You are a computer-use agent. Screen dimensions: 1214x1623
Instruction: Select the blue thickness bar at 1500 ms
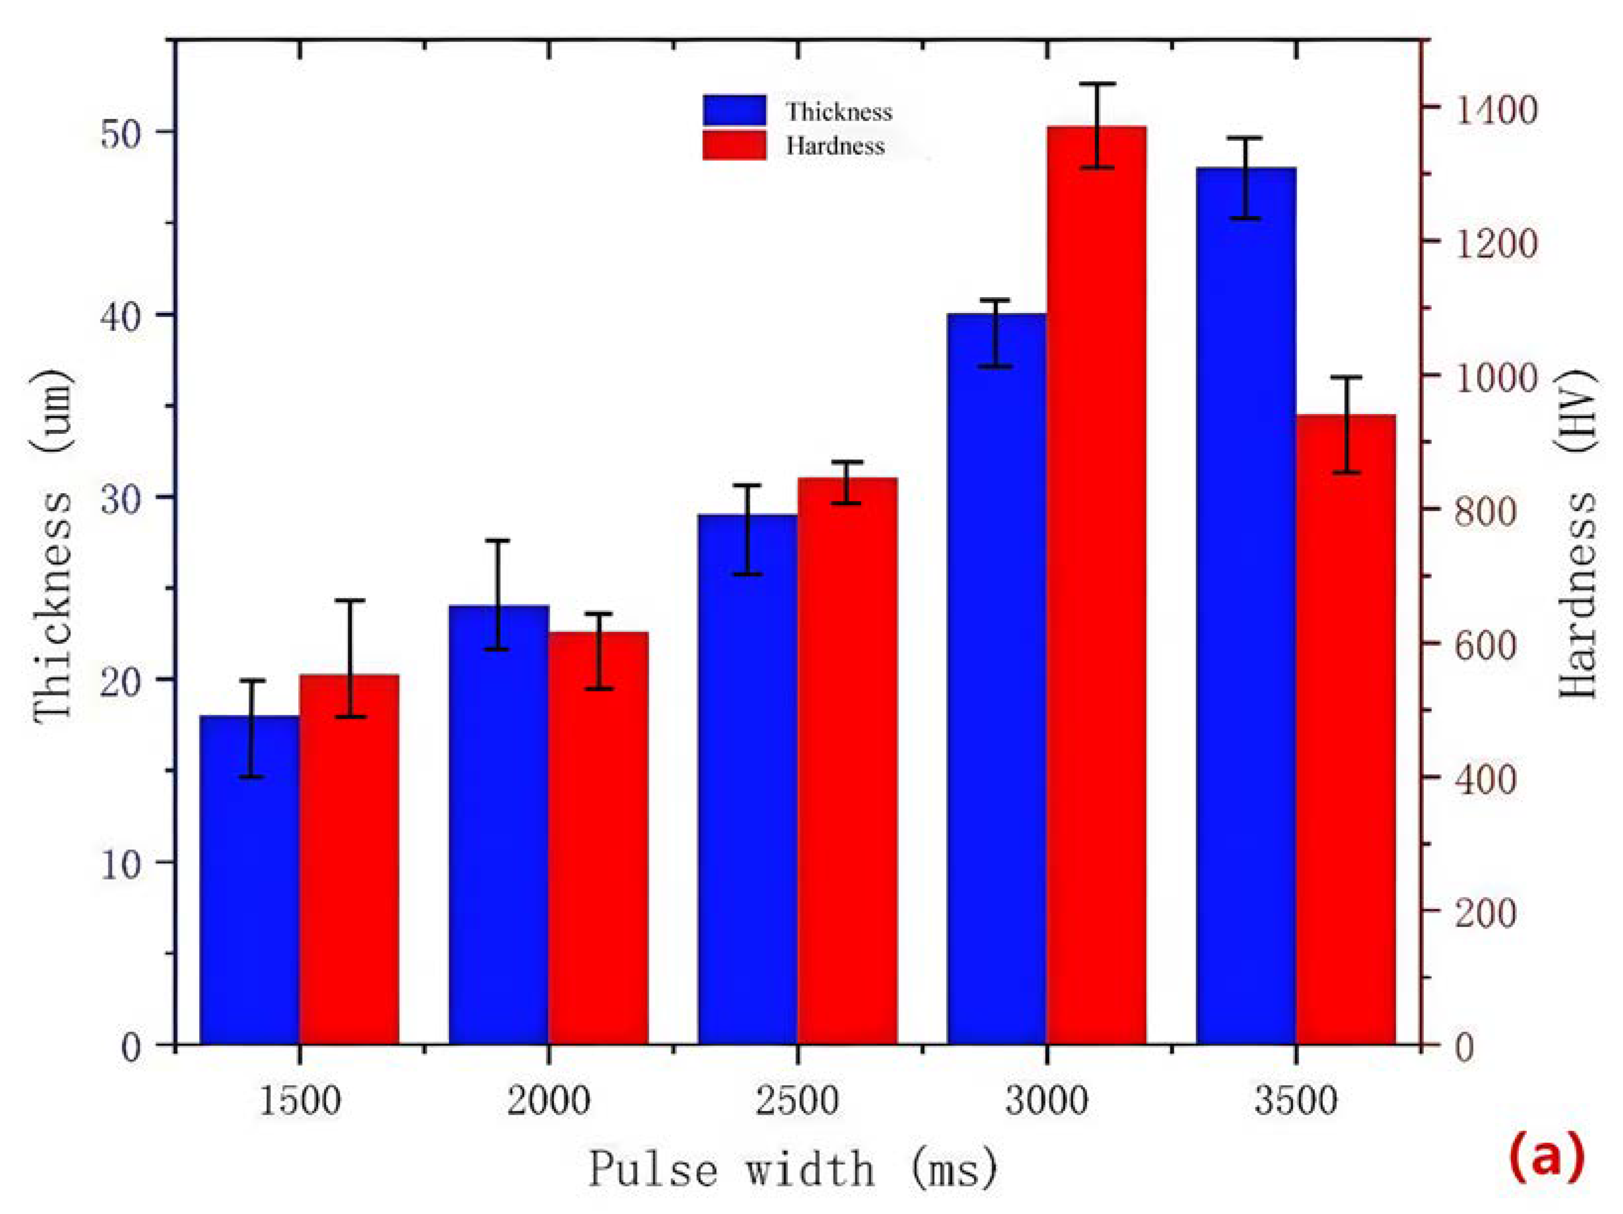click(250, 881)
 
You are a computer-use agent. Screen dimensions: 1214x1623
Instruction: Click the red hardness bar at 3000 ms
click(1096, 587)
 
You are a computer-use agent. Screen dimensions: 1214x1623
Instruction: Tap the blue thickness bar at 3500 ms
click(1246, 609)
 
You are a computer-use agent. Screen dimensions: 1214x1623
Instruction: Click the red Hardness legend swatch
click(733, 145)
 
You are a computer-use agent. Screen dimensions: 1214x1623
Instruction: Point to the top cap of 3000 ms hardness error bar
click(1096, 84)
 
